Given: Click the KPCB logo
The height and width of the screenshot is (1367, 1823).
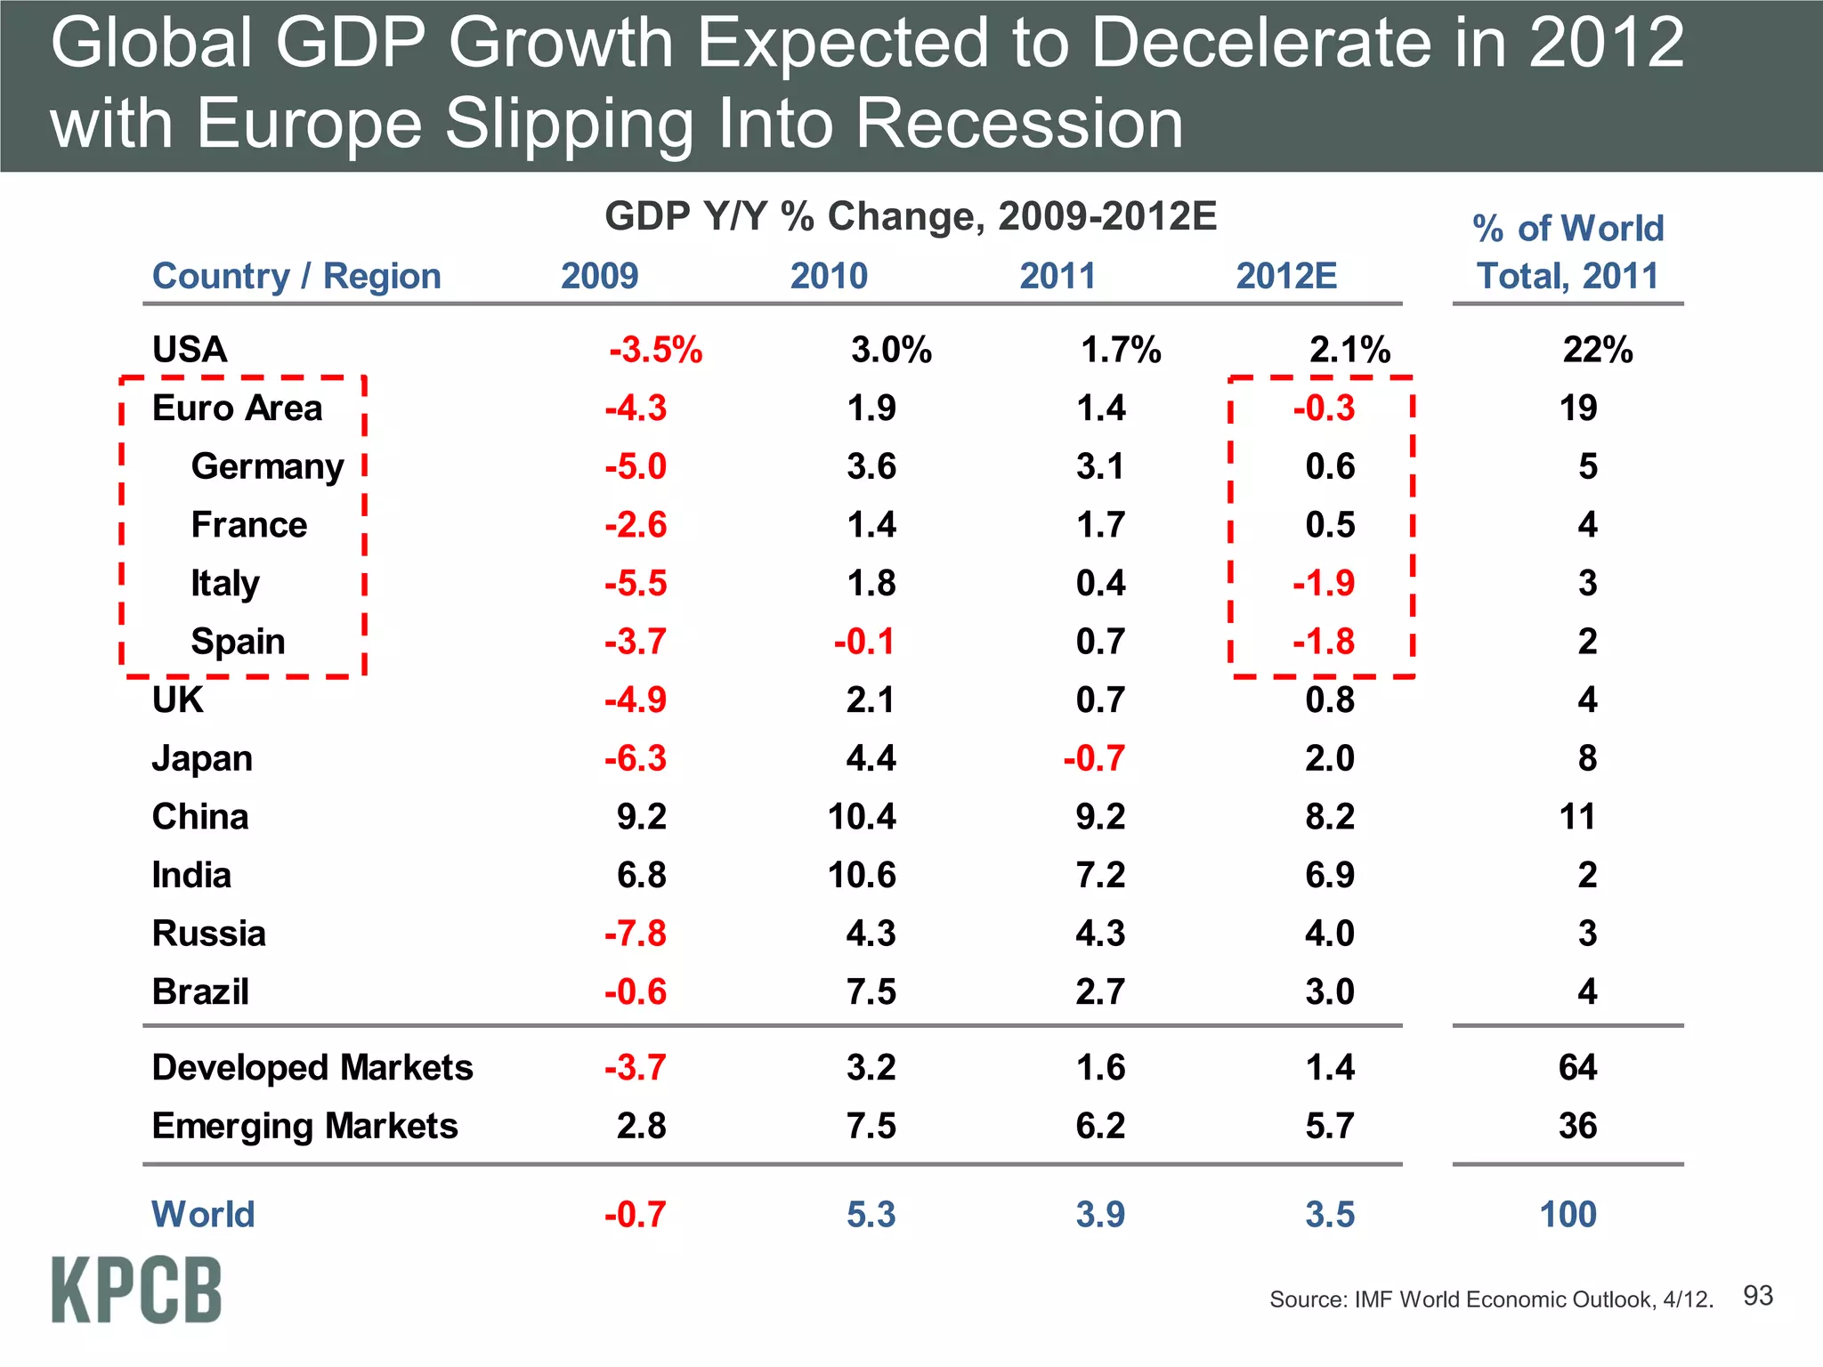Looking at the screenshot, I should point(136,1290).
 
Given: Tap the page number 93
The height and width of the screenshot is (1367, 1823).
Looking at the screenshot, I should point(1757,1296).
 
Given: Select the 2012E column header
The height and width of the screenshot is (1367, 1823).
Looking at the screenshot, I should point(1286,276).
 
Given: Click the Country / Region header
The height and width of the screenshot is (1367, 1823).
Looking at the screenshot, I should point(296,276).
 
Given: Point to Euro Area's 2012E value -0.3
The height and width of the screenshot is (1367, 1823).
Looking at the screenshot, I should point(1324,408).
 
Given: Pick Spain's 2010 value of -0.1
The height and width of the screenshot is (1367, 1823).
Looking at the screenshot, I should point(863,642).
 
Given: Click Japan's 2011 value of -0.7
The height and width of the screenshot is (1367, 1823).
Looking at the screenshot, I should point(1093,758).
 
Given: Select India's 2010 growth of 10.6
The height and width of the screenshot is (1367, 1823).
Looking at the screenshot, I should point(861,875).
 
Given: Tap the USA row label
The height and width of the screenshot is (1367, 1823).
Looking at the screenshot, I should point(190,350).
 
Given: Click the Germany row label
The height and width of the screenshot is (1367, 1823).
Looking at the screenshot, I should point(267,466).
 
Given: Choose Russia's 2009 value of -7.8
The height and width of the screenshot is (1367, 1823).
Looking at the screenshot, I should point(635,934).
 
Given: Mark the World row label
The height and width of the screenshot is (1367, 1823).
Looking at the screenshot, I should point(203,1214).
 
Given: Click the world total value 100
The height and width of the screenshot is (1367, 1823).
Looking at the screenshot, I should point(1568,1214).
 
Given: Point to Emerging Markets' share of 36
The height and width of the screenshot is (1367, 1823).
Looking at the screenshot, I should point(1577,1126).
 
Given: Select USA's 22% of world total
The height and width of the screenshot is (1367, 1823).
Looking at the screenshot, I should point(1597,350).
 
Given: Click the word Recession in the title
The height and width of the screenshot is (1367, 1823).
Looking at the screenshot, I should point(1019,123).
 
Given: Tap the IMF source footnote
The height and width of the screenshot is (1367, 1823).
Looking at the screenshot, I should point(1491,1299).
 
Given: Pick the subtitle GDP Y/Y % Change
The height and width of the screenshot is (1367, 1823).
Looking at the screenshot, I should point(910,216).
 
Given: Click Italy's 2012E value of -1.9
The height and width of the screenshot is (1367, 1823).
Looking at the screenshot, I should point(1324,584).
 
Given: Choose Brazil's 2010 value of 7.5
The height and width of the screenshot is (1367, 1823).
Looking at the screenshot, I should point(871,991).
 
